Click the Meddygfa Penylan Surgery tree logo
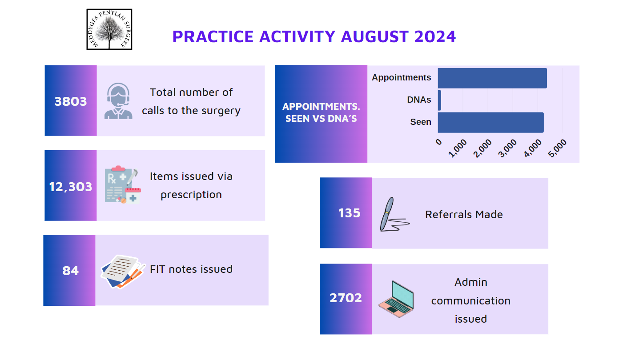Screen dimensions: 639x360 point(109,29)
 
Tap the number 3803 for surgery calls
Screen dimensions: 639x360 point(70,101)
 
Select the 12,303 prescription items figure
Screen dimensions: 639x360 point(70,187)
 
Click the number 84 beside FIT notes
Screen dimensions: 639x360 point(70,271)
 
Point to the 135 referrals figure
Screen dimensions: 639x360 point(349,213)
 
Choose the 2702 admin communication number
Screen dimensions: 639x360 point(346,298)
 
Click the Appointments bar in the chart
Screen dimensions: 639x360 point(492,78)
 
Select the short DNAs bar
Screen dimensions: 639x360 point(440,100)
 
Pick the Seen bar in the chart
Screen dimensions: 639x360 point(490,123)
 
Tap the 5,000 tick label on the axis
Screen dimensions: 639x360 point(557,148)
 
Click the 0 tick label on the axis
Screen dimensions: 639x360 point(439,142)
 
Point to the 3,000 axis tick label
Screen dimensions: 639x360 point(507,148)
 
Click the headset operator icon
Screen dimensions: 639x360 point(118,101)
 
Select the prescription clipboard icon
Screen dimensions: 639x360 point(123,185)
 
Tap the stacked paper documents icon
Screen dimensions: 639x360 point(123,272)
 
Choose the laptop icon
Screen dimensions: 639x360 point(397,299)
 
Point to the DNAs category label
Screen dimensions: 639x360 point(419,100)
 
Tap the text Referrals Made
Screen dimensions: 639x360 point(464,215)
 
